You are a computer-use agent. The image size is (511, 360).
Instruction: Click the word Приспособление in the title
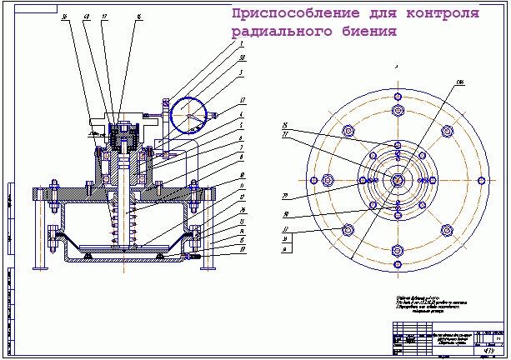pos(279,14)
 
